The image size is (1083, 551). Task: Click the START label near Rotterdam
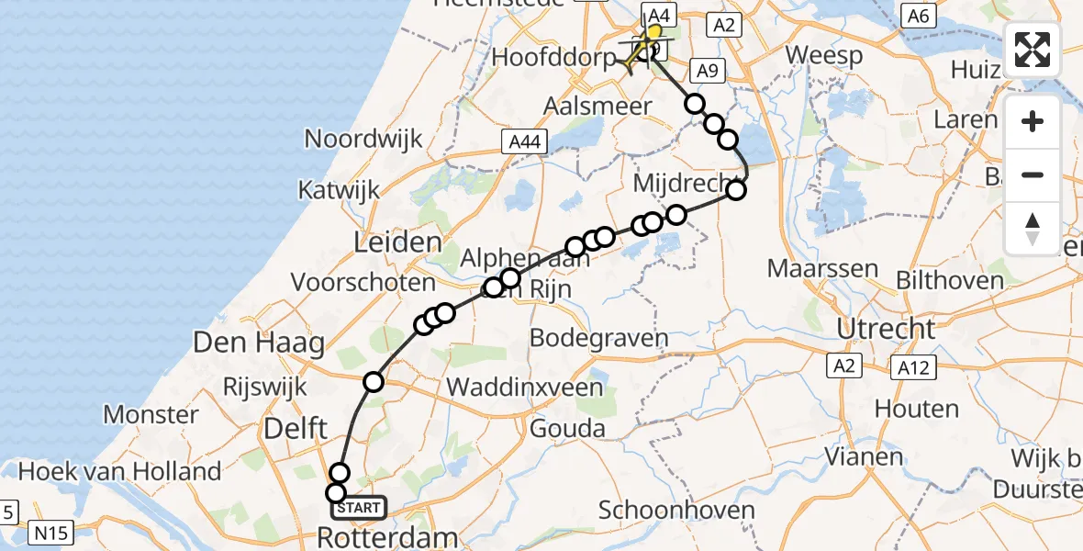[x=362, y=507]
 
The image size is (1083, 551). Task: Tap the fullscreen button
[x=1033, y=50]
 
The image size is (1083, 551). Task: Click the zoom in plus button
[x=1033, y=122]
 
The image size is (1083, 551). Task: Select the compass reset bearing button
[x=1033, y=229]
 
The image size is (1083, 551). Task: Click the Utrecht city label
[x=886, y=328]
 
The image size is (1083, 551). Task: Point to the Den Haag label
[x=259, y=344]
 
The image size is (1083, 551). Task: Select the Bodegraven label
[x=600, y=338]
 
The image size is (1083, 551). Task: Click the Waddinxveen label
[x=525, y=387]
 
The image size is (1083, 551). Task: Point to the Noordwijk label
[x=363, y=140]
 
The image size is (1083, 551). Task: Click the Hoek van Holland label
[x=119, y=472]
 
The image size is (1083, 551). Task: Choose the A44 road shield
[x=525, y=141]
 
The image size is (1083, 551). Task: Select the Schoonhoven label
[x=676, y=511]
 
